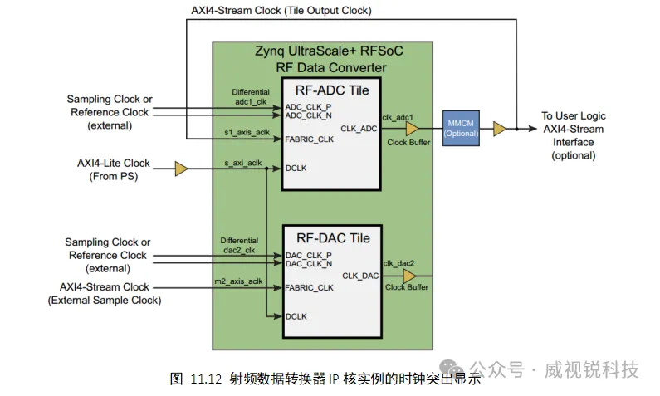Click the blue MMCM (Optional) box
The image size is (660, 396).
tap(461, 127)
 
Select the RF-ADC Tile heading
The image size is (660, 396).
tap(326, 90)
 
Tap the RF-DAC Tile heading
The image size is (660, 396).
tap(326, 237)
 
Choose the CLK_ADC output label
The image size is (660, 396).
tap(359, 128)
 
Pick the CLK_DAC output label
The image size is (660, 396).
tap(359, 275)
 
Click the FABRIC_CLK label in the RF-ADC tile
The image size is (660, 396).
tap(309, 139)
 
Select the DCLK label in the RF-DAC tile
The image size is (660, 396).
tap(296, 316)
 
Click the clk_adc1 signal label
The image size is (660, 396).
tap(398, 117)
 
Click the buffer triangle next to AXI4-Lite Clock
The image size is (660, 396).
tap(182, 169)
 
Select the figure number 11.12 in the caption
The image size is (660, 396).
tap(204, 379)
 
